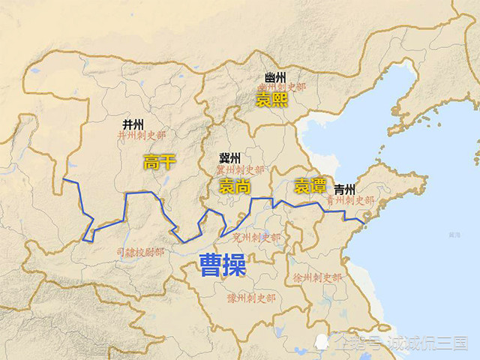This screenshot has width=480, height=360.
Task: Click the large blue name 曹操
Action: point(222,264)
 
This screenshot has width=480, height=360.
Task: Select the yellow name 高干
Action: point(160,162)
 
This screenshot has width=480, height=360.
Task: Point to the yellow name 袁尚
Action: point(235,187)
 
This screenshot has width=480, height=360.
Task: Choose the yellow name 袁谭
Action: point(310,185)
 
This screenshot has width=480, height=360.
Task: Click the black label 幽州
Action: point(275,77)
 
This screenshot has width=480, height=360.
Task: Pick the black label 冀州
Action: point(229,157)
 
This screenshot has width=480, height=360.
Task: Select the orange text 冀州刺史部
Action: point(241,171)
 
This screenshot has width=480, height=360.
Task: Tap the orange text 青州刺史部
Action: point(349,200)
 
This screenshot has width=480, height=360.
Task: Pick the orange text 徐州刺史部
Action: point(318,277)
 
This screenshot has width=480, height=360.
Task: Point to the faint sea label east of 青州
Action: point(454,235)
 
